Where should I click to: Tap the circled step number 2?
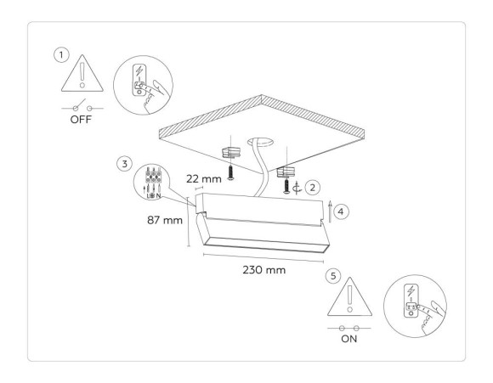tap(313, 186)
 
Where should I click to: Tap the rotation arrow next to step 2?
tap(297, 186)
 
